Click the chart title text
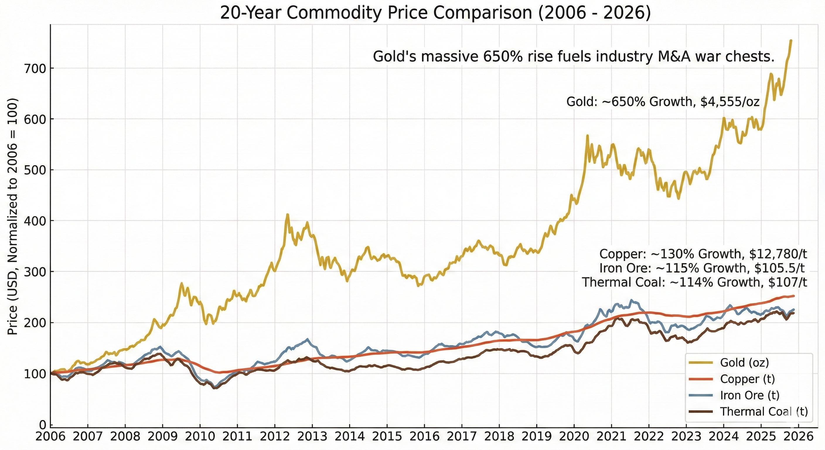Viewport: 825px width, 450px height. click(436, 13)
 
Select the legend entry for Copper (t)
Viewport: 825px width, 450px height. click(747, 379)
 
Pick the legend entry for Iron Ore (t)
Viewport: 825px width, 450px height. click(749, 395)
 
